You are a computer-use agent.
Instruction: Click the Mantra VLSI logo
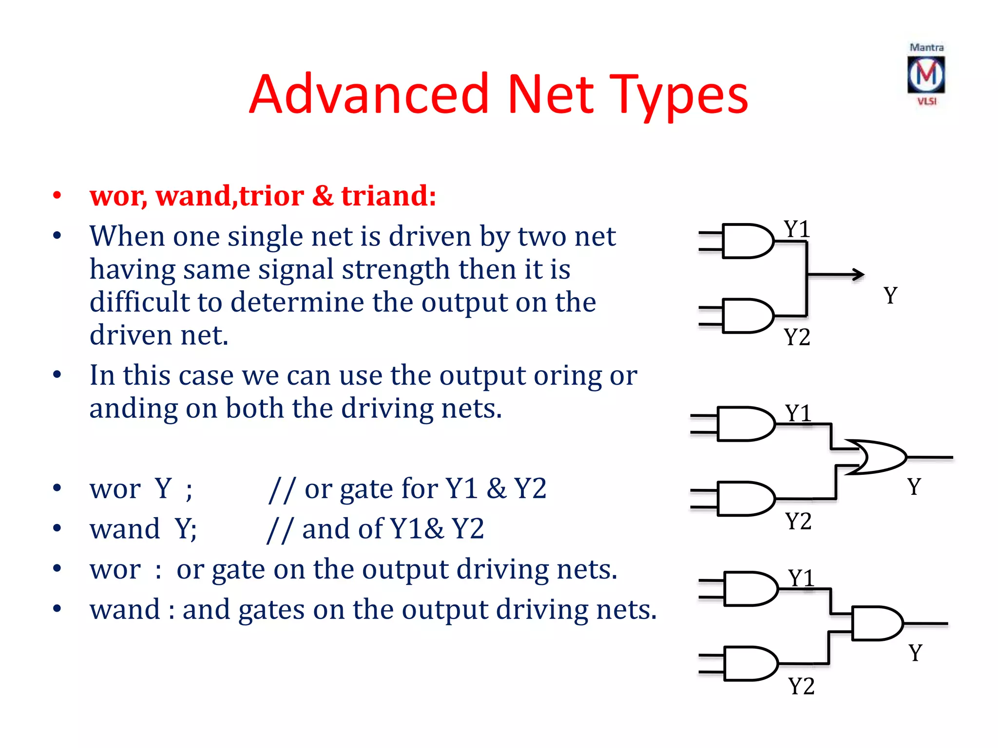pos(926,75)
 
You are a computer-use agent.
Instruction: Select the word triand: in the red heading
pos(388,195)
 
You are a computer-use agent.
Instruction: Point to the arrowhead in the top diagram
pos(859,274)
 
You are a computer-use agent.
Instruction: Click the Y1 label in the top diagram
pos(796,229)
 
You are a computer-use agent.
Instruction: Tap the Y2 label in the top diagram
pos(797,337)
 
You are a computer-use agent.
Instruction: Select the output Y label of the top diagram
pos(890,295)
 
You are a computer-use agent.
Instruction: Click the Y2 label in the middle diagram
pos(798,521)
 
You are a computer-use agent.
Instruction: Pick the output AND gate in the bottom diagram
pos(876,623)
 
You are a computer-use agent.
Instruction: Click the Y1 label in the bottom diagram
pos(801,578)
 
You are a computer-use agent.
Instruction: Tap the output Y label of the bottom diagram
pos(915,653)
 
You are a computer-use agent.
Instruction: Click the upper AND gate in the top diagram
pos(747,241)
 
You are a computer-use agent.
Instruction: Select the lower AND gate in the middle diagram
pos(745,499)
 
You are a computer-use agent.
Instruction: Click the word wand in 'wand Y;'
pos(125,529)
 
